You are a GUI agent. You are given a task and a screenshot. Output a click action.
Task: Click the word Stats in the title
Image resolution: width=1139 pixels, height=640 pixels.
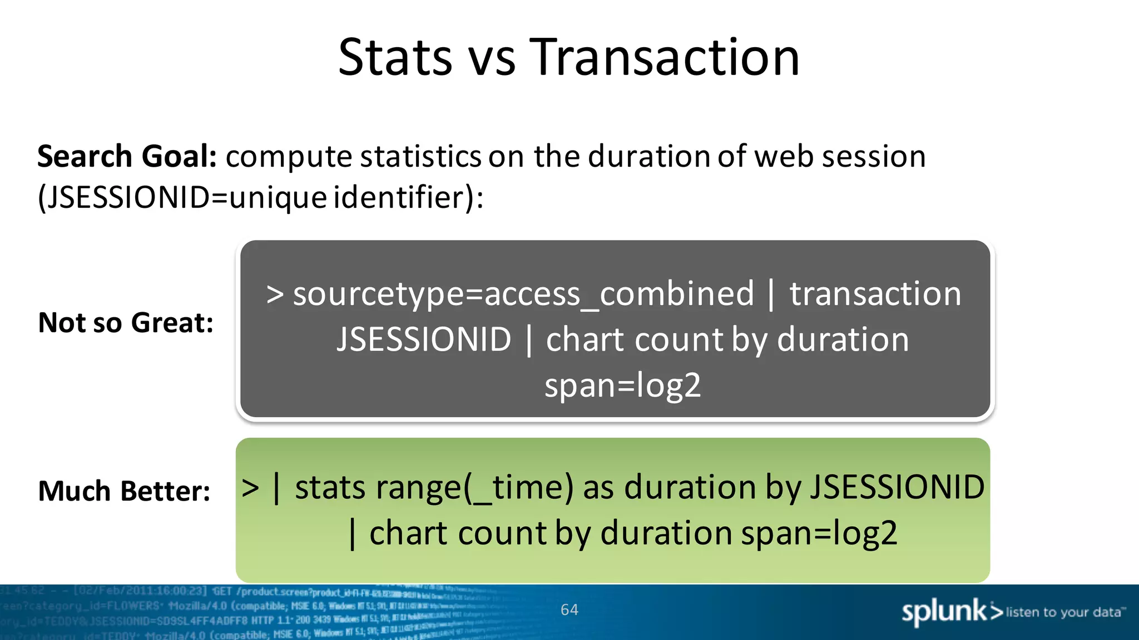[x=395, y=57]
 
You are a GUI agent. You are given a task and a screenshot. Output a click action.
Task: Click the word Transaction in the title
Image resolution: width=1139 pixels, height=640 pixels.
[x=665, y=57]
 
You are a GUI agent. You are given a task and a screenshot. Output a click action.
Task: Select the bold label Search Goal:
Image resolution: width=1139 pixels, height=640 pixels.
[x=127, y=156]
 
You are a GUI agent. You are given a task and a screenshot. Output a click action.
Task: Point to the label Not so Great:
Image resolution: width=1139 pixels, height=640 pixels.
[x=126, y=323]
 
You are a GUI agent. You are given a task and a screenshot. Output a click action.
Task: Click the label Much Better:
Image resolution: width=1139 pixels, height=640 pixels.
[x=124, y=491]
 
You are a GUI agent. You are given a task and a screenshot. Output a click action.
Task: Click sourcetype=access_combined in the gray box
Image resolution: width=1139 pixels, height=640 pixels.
[x=523, y=294]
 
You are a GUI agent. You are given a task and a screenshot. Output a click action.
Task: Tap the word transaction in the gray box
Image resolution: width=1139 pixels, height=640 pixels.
[x=875, y=294]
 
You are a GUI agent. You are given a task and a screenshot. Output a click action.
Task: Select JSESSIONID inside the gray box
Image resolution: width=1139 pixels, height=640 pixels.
[x=424, y=339]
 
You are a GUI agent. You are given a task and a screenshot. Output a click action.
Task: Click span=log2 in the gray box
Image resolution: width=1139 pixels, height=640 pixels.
[x=622, y=386]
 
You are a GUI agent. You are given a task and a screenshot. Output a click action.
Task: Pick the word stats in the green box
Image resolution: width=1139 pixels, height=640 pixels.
[x=330, y=488]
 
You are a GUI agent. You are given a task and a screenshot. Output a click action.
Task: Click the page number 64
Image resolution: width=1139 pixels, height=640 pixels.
[x=569, y=610]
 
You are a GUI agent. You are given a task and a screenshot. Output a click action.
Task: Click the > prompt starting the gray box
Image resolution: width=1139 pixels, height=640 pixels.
[x=275, y=295]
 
